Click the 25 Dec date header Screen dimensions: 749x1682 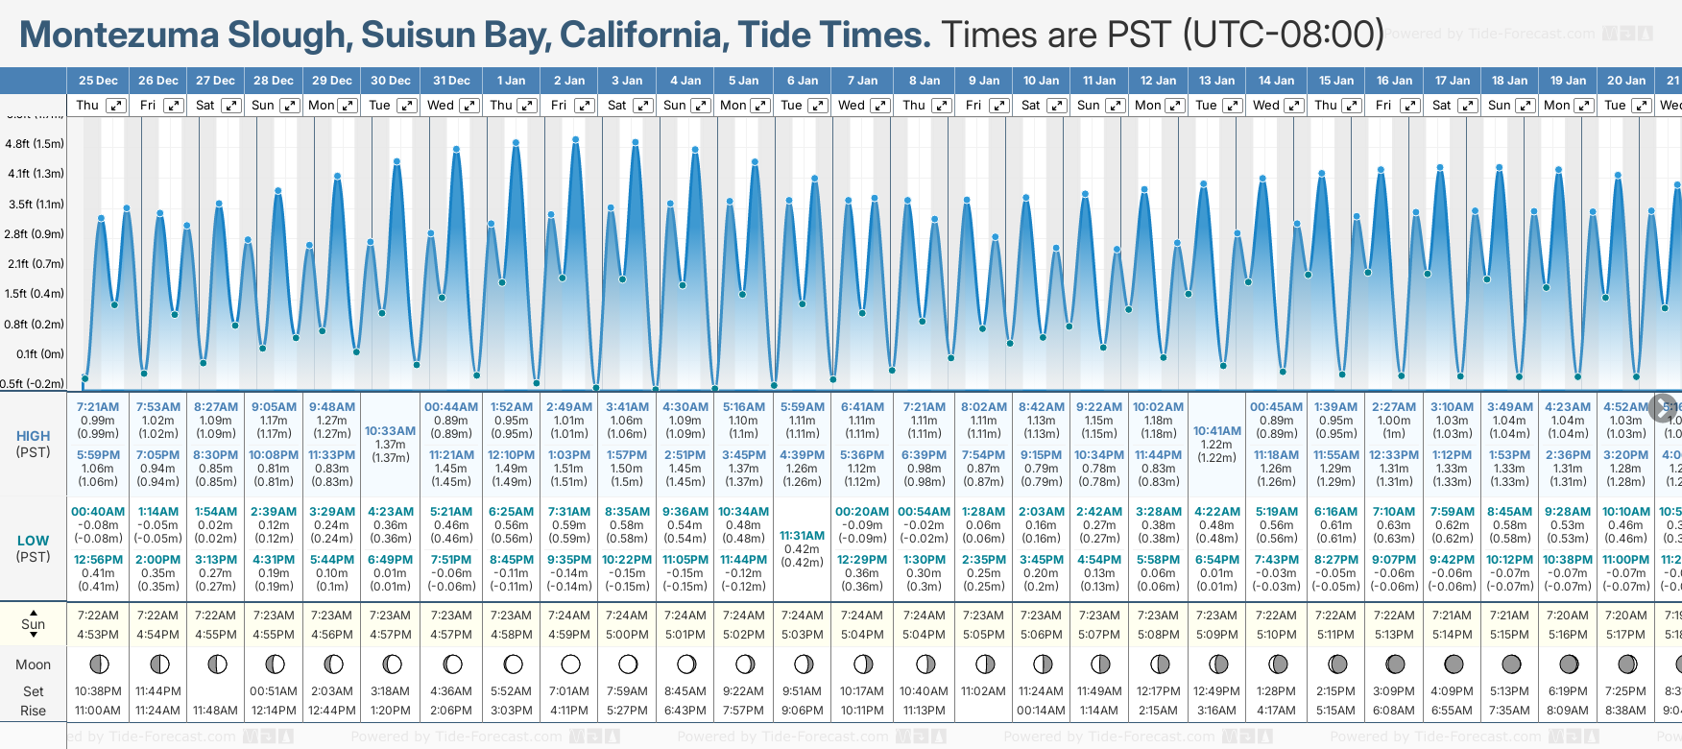tap(98, 81)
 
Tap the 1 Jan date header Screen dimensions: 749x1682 tap(511, 81)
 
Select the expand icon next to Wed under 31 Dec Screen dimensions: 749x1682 tap(466, 106)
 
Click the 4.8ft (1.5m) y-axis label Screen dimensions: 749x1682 tap(35, 144)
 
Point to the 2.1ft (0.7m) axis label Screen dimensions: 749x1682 tap(35, 263)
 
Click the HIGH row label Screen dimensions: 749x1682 tap(33, 436)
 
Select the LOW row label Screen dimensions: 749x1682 tap(33, 541)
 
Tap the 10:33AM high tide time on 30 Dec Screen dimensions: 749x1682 tap(390, 431)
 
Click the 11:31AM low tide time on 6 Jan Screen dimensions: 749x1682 tap(802, 536)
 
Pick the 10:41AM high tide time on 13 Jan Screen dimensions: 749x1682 tap(1216, 431)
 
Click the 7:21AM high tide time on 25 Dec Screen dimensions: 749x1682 tap(98, 407)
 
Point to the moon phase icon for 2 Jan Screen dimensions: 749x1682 tap(570, 664)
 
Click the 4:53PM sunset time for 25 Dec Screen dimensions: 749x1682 tap(98, 635)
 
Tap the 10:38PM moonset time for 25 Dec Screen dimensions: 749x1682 tap(98, 691)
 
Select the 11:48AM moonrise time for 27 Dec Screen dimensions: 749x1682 tap(215, 711)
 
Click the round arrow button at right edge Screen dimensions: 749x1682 tap(1663, 407)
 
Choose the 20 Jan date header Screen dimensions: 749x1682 tap(1626, 81)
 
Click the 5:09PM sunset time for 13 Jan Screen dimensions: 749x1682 tap(1216, 635)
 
